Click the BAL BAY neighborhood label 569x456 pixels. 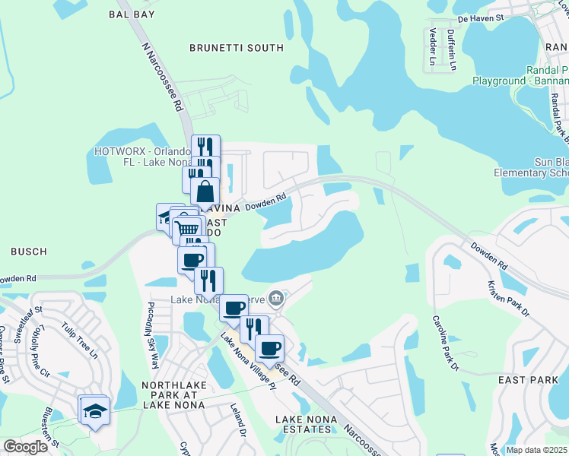[132, 14]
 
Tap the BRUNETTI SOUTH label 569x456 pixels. [236, 48]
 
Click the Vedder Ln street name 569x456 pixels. [433, 47]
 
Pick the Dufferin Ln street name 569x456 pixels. [451, 49]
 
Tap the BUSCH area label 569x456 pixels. [29, 251]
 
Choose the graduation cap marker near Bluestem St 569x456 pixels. [94, 411]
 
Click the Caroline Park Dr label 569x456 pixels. [446, 343]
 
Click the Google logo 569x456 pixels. [25, 447]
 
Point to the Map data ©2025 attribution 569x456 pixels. [536, 450]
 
